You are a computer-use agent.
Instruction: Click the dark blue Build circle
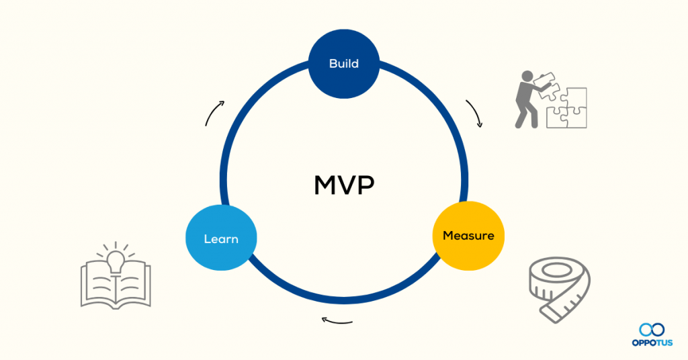coord(344,64)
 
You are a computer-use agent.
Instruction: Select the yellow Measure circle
coord(468,236)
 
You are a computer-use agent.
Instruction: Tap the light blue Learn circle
coord(220,239)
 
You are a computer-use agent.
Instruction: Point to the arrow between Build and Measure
coord(474,114)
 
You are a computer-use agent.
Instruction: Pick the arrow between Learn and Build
coord(214,114)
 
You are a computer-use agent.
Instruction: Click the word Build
coord(344,64)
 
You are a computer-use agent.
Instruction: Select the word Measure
coord(468,236)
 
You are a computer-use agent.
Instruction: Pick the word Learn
coord(220,239)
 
